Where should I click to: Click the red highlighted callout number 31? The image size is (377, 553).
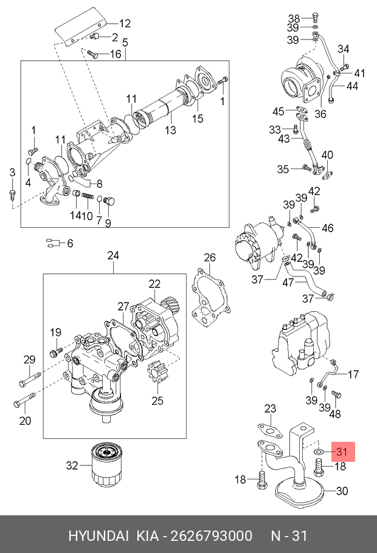point(342,452)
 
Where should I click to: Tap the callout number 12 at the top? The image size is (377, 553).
point(125,24)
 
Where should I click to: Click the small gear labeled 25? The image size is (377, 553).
point(157,374)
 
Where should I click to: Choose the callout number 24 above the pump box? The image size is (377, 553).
point(113,255)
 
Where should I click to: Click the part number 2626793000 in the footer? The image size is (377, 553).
point(212,536)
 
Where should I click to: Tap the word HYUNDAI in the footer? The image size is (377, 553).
point(99,536)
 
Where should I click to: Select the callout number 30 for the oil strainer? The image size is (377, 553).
point(342,491)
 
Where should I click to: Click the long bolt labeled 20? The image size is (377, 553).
point(24,400)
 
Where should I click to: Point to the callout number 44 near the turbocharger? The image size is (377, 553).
point(352,86)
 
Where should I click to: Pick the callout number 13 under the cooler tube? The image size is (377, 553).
point(170,130)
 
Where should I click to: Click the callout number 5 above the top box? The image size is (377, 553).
point(125,43)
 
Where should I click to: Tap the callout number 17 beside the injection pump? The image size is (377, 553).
point(353,374)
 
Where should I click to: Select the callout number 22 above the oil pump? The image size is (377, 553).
point(154,284)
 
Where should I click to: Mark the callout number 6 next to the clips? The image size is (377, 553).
point(70,243)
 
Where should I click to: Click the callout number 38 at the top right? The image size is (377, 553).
point(294,18)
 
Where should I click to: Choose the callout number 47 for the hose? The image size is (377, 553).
point(288,282)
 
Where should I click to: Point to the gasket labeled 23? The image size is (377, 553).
point(270,431)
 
